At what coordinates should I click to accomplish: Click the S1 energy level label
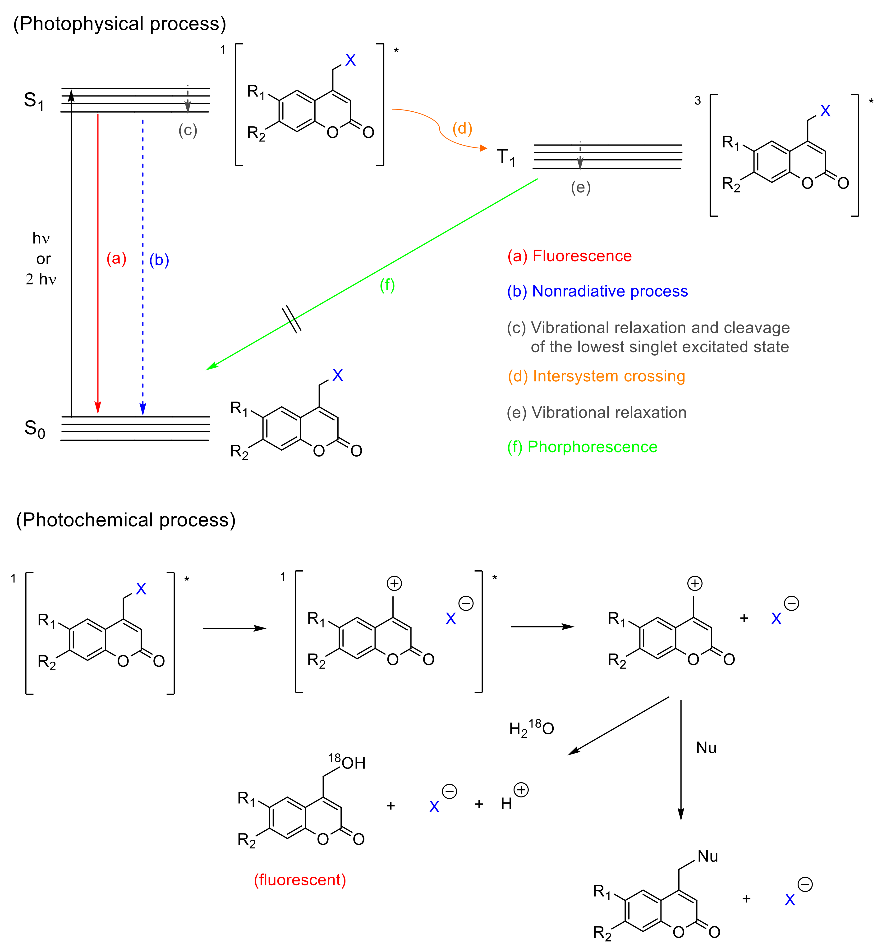(x=34, y=101)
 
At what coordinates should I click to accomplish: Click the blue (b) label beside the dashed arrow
(x=159, y=260)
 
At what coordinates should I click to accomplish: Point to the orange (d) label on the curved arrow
(x=462, y=128)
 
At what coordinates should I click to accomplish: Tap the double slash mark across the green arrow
(x=292, y=319)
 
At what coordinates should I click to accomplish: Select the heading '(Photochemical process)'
(x=125, y=520)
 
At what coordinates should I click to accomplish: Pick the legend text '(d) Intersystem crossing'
(x=596, y=376)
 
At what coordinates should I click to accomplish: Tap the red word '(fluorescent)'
(x=300, y=879)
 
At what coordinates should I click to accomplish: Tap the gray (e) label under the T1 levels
(x=580, y=188)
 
